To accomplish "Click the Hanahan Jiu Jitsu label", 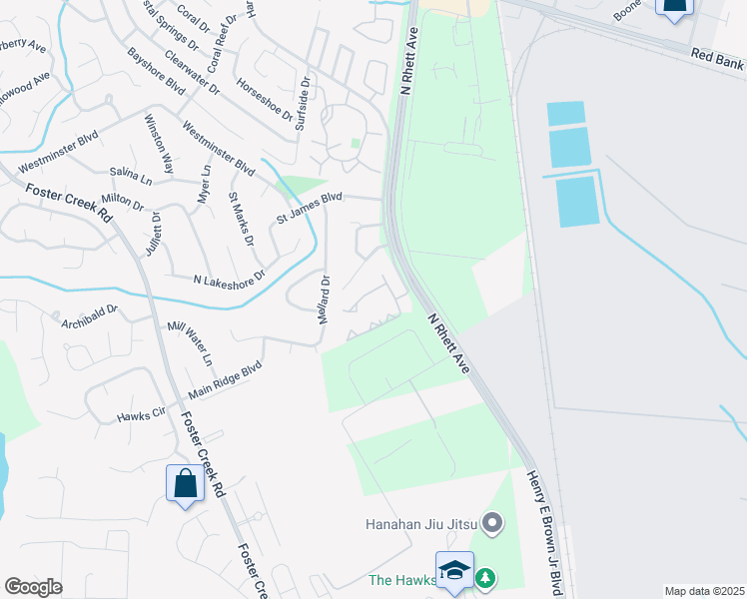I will pyautogui.click(x=419, y=523).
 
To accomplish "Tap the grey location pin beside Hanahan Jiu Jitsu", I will pyautogui.click(x=491, y=522).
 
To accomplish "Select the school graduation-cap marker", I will pyautogui.click(x=454, y=571).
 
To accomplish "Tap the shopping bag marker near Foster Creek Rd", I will pyautogui.click(x=185, y=485).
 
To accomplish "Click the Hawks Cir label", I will pyautogui.click(x=141, y=416).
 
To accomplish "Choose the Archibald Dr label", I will pyautogui.click(x=90, y=315).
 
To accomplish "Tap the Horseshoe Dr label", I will pyautogui.click(x=265, y=100).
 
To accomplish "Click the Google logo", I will pyautogui.click(x=34, y=587).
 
